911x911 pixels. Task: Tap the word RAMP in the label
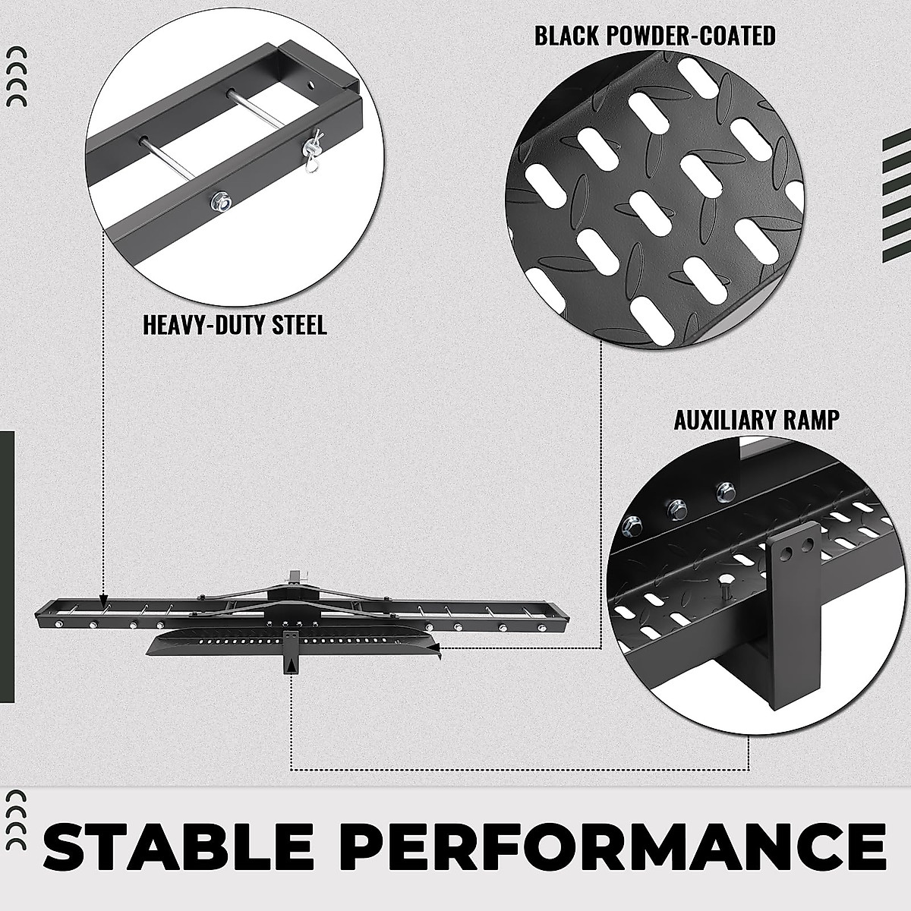click(813, 420)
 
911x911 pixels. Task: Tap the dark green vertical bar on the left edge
click(7, 566)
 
